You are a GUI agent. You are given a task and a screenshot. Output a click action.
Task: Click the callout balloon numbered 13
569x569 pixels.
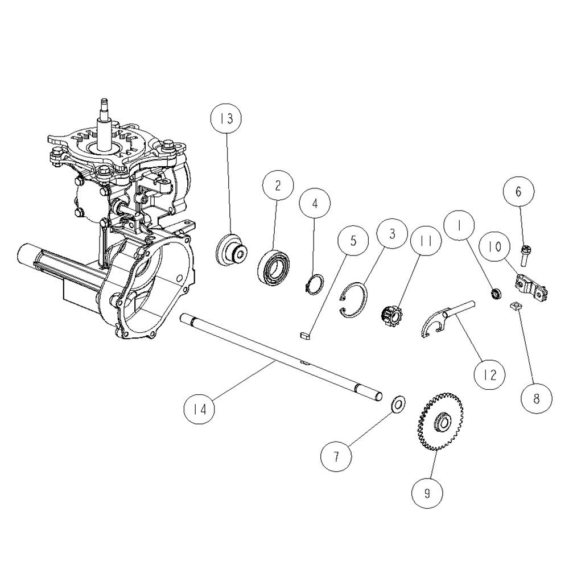226,119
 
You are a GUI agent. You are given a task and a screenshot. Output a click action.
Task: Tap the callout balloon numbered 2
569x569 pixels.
278,186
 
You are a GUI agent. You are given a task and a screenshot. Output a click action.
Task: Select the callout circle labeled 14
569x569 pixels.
200,409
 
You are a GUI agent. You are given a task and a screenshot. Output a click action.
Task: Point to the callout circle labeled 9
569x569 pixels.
427,493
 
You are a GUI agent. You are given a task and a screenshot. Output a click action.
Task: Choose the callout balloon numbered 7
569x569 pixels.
336,456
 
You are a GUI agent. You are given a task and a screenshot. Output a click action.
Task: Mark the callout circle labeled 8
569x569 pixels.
537,398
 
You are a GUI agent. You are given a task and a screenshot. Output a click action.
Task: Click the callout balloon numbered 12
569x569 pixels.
490,375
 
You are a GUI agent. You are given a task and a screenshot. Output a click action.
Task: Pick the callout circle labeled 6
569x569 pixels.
518,191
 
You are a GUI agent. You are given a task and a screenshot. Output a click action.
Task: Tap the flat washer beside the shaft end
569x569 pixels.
398,403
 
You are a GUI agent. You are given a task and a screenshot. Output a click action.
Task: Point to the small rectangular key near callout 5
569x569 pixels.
304,335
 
